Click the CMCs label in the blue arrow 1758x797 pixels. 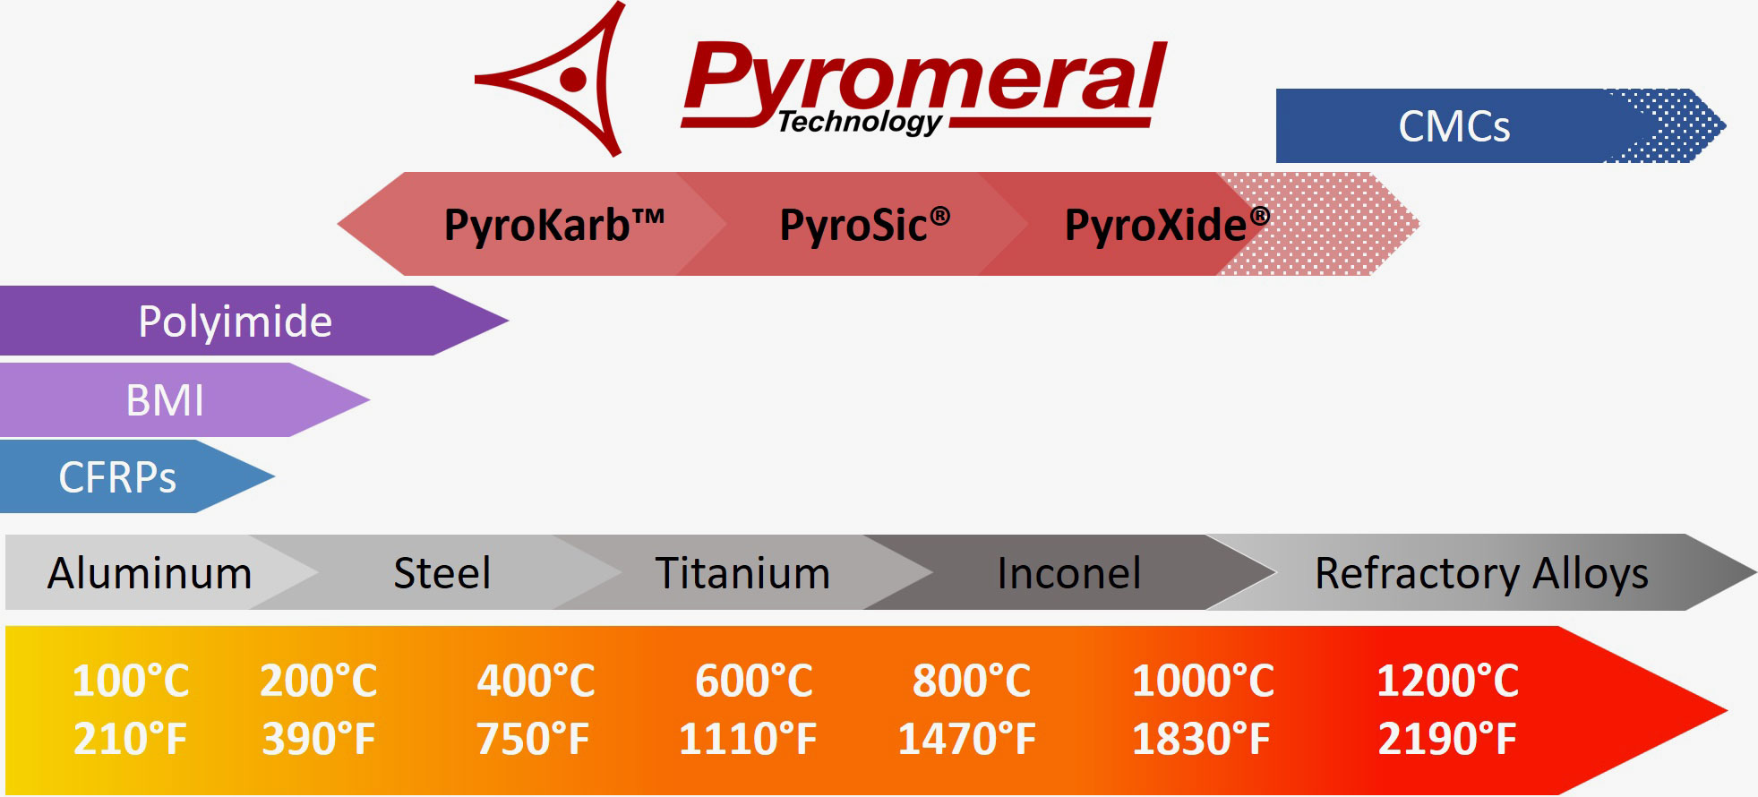(1454, 126)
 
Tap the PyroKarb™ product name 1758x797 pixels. (553, 225)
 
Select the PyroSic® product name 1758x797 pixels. (864, 225)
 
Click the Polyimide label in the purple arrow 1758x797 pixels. (235, 321)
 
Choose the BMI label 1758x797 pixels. (165, 400)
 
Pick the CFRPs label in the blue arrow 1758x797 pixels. (117, 477)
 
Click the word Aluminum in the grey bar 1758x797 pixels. (150, 573)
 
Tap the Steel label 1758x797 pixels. (442, 573)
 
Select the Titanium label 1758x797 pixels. (742, 573)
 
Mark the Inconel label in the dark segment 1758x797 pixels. (1068, 573)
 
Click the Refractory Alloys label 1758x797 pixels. (1481, 573)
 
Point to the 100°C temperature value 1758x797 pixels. (131, 681)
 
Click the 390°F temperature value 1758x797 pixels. (318, 740)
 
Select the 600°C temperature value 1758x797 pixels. (754, 681)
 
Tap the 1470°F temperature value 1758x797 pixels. (966, 740)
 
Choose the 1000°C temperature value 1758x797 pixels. (1203, 681)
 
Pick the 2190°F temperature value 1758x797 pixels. (1446, 740)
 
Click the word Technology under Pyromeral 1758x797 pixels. (859, 122)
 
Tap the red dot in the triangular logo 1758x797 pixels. (573, 80)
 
